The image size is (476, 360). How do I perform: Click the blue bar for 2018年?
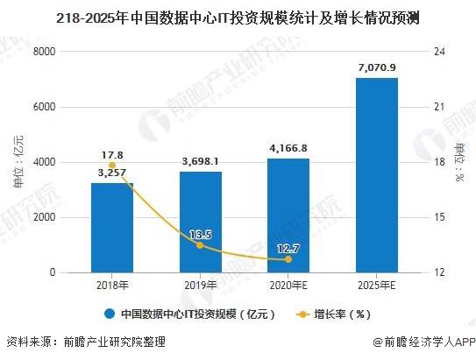point(111,228)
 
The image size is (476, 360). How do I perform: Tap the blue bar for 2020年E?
point(288,215)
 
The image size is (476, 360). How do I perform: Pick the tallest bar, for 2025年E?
point(376,175)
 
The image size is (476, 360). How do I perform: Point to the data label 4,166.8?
point(288,148)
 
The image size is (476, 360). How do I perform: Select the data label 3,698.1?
point(200,161)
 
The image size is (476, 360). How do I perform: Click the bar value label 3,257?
point(111,173)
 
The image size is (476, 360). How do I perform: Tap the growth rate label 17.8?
point(111,152)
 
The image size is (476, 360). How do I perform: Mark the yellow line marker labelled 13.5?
point(200,245)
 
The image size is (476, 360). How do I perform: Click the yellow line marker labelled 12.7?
point(288,259)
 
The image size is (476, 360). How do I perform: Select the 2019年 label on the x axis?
point(200,286)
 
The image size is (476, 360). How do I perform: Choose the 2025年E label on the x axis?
point(376,286)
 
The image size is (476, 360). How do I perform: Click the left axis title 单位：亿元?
point(18,162)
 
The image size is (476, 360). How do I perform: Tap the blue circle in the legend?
point(110,314)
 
